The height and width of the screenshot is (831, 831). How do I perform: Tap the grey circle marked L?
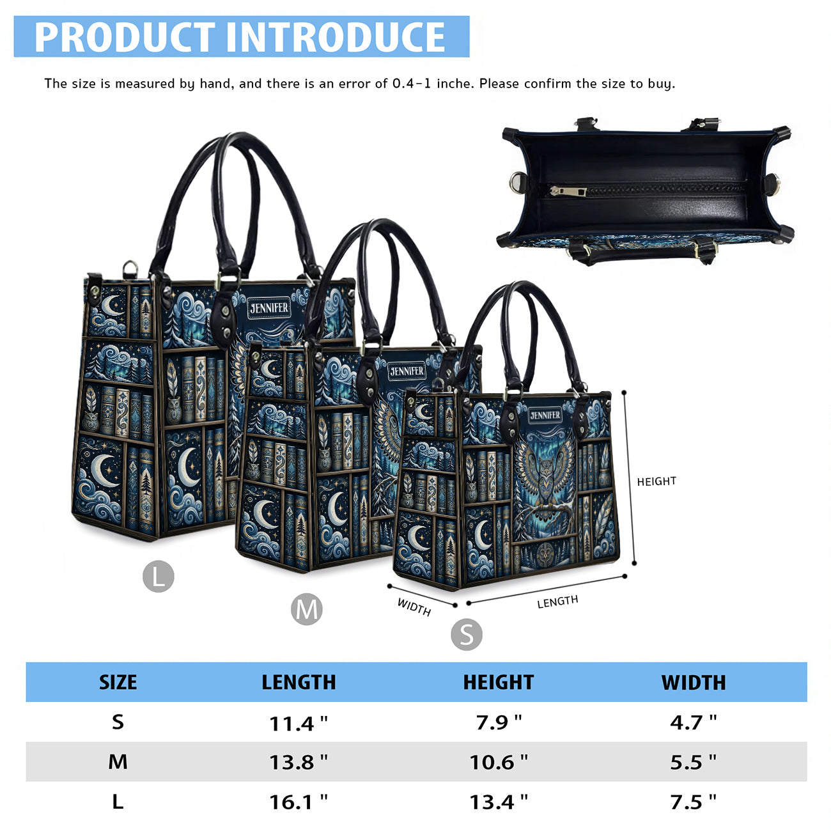159,576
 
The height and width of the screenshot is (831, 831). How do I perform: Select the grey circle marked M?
307,609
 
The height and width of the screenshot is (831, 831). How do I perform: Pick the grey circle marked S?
467,634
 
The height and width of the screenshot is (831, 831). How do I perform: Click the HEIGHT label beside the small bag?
656,481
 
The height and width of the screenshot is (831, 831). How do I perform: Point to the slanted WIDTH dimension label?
414,607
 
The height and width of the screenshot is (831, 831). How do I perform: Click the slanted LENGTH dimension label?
557,602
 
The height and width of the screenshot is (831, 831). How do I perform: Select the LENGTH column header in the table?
299,683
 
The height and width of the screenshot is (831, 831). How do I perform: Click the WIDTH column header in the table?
694,683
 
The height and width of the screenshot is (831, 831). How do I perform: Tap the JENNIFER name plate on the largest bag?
269,308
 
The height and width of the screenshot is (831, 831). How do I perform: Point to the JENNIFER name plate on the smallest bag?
545,415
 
